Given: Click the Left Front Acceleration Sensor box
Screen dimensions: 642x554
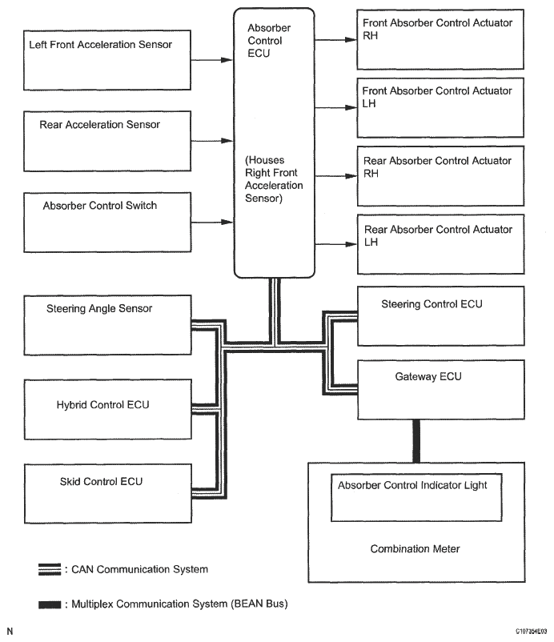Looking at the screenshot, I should [x=107, y=60].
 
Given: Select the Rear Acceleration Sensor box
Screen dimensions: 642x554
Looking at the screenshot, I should [x=107, y=141].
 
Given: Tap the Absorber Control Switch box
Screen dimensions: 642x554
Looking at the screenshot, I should [x=107, y=222].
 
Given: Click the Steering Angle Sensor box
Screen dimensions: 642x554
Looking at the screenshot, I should [x=107, y=324].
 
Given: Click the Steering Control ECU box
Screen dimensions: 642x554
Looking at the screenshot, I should [x=440, y=317].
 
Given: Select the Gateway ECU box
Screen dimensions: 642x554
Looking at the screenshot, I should [x=440, y=389].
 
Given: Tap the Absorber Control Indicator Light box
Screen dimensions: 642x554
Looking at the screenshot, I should [x=416, y=497].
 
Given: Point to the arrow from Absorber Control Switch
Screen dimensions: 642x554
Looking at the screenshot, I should [x=213, y=222].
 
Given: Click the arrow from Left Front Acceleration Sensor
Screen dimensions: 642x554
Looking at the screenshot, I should [x=213, y=59].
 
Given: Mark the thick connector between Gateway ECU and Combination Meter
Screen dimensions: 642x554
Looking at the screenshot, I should [x=415, y=440].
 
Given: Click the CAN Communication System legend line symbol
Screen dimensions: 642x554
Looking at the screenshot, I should [x=49, y=570].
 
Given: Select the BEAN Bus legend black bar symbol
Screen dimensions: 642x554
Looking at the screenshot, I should [x=49, y=604].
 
